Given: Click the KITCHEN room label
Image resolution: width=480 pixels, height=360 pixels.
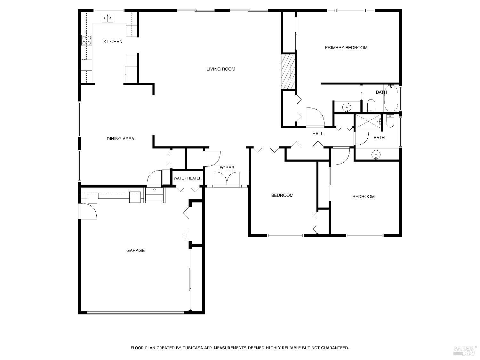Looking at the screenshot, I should (113, 42).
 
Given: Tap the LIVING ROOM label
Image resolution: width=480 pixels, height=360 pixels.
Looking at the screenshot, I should (220, 69).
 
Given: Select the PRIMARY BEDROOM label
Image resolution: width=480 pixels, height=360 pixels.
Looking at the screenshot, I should (346, 48).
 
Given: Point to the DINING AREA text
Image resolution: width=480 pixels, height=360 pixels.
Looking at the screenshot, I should (120, 139).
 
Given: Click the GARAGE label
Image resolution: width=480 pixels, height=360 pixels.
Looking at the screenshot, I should (135, 251).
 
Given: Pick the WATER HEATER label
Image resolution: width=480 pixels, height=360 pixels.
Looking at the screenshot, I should (188, 178).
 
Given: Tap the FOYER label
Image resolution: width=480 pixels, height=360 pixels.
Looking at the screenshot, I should (227, 168).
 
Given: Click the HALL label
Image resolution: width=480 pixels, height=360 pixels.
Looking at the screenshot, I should (318, 134).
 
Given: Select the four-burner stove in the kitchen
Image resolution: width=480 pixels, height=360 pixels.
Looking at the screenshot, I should (86, 40).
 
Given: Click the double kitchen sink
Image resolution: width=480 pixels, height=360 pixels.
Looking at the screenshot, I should (108, 18).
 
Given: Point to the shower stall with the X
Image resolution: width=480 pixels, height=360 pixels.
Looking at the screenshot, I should (368, 122).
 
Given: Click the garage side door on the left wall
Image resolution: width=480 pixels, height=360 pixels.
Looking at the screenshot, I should (88, 212).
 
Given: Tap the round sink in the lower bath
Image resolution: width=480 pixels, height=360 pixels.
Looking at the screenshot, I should (376, 155).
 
